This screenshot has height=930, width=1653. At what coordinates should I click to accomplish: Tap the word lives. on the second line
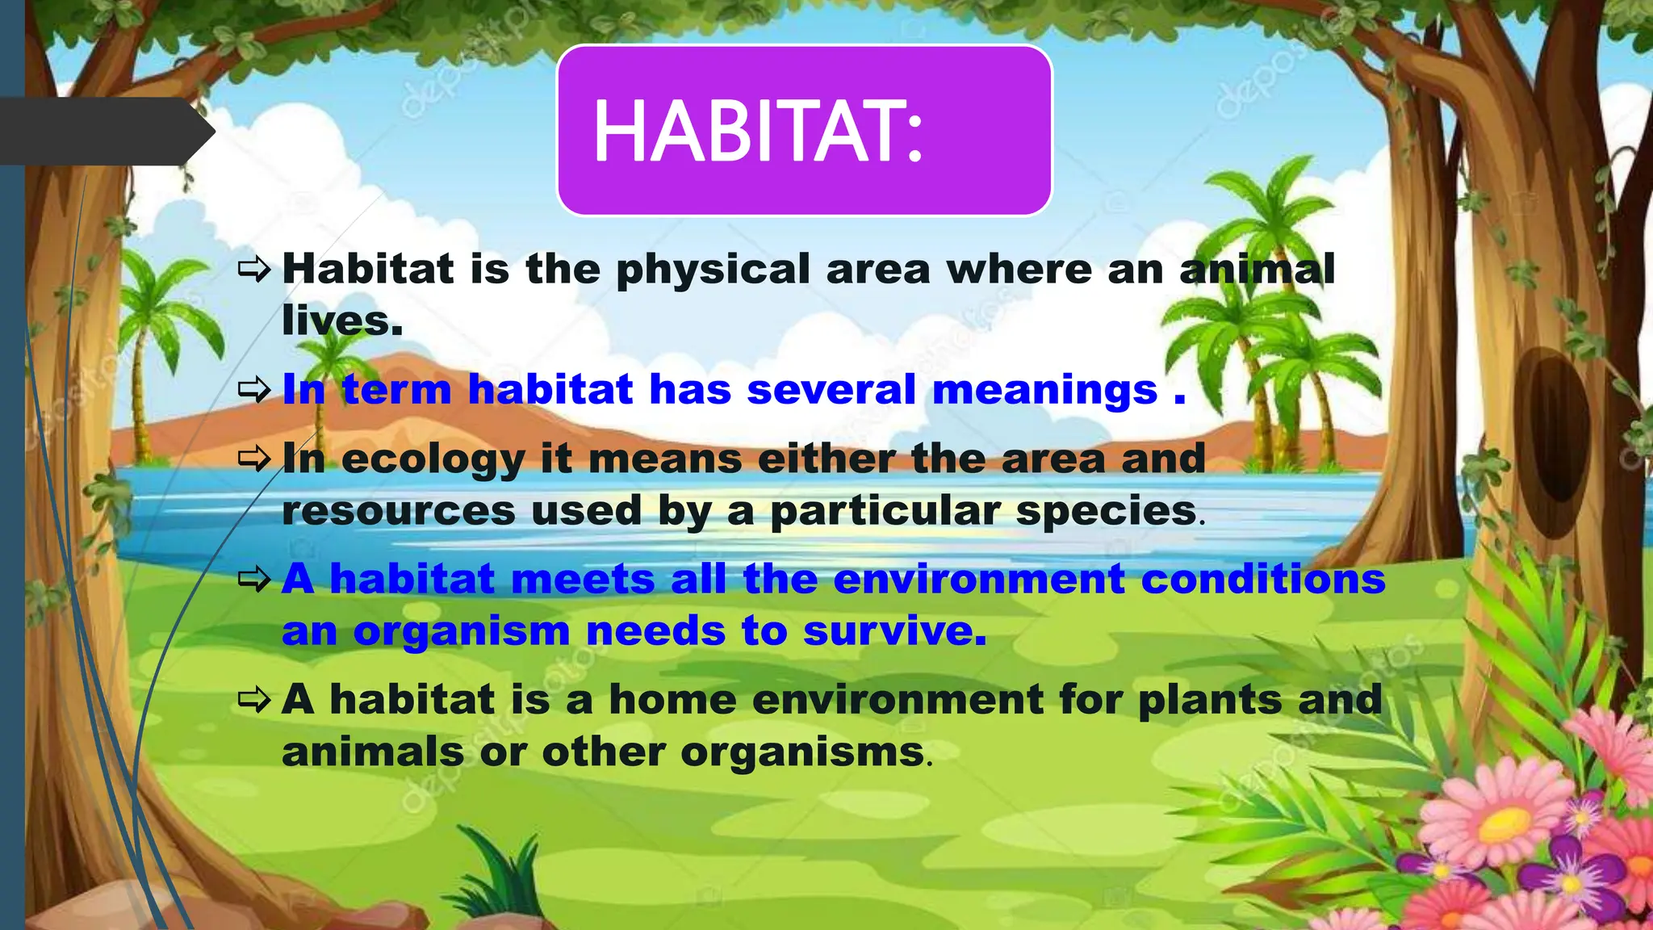pyautogui.click(x=341, y=321)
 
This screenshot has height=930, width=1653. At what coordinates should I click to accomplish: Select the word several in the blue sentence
pyautogui.click(x=831, y=390)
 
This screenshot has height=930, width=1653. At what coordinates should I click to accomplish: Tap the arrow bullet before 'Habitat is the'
pyautogui.click(x=254, y=270)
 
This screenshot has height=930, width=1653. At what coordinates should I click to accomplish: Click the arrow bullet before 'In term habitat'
pyautogui.click(x=254, y=391)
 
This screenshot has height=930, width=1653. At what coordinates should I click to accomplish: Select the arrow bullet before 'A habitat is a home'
pyautogui.click(x=254, y=699)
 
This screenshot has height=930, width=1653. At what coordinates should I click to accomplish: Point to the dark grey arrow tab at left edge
pyautogui.click(x=105, y=132)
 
